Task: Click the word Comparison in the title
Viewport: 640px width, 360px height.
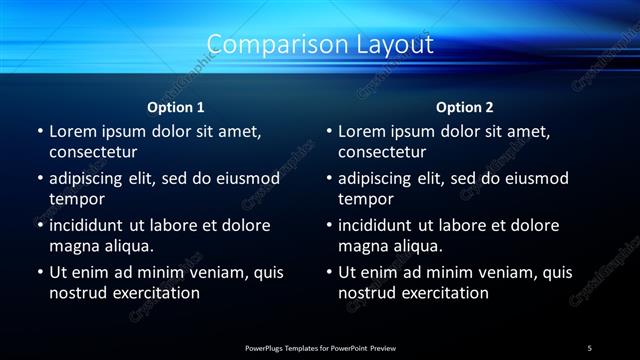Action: pos(268,45)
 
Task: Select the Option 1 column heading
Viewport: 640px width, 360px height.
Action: pos(176,106)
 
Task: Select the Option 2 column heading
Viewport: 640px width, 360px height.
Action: pos(465,106)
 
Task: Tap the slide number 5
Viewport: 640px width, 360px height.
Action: pos(590,347)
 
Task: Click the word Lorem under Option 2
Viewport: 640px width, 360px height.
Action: pos(362,131)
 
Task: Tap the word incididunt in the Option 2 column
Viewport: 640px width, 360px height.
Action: pos(382,225)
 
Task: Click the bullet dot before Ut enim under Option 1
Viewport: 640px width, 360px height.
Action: pos(40,272)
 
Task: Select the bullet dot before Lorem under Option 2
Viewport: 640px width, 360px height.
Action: pos(329,131)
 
